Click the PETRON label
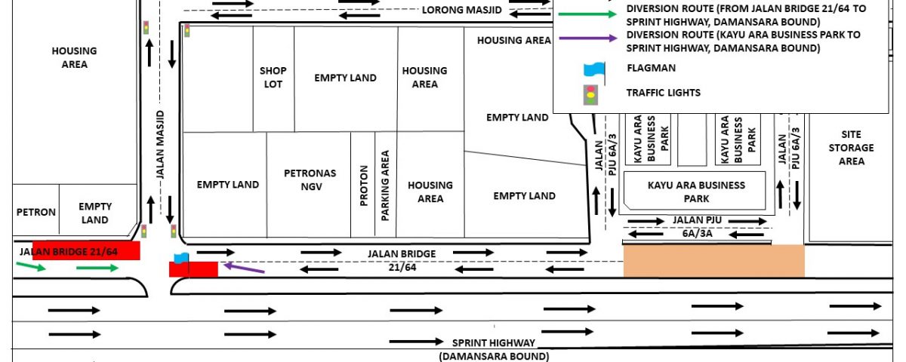click(x=36, y=212)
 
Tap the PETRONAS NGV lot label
click(x=310, y=179)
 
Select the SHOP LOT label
click(x=273, y=77)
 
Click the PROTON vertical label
click(x=364, y=186)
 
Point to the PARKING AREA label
click(x=385, y=186)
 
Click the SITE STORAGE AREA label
click(x=851, y=148)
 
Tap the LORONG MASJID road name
click(x=462, y=10)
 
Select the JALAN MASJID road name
click(x=161, y=144)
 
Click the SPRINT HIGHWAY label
click(x=494, y=343)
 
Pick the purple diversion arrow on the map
click(x=245, y=268)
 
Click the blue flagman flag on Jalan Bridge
click(x=182, y=258)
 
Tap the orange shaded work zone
click(x=714, y=261)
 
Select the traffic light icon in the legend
click(x=591, y=95)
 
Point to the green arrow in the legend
click(x=587, y=14)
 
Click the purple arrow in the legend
click(x=587, y=38)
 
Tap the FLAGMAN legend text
click(x=651, y=68)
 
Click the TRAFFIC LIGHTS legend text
click(x=664, y=93)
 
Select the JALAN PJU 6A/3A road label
click(x=698, y=227)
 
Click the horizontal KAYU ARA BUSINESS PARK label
click(x=696, y=192)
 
